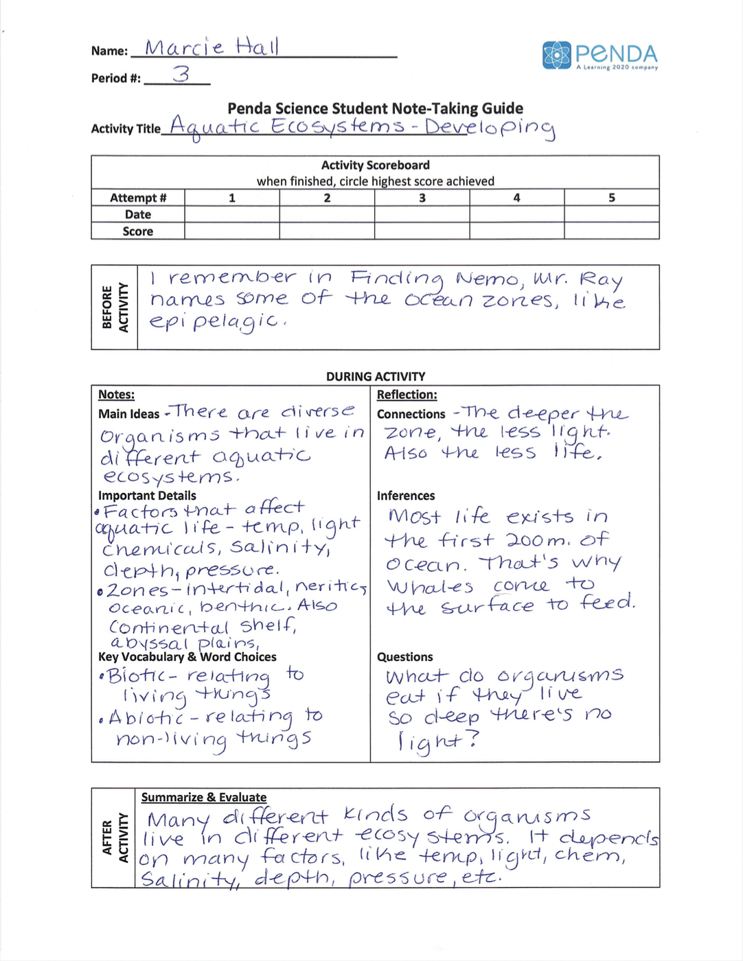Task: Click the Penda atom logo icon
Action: tap(556, 56)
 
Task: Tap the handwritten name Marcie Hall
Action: tap(212, 47)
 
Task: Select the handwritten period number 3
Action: tap(181, 73)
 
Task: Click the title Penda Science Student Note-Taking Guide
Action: tap(375, 108)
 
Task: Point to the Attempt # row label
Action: tap(138, 198)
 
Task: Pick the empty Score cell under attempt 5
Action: tap(611, 231)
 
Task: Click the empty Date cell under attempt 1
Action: tap(232, 214)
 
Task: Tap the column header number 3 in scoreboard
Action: tap(422, 198)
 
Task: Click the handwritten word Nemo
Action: tap(489, 279)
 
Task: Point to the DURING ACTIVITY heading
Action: tap(376, 376)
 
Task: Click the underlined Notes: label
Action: tap(116, 395)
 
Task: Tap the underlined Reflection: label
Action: tap(407, 395)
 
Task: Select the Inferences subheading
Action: tap(406, 496)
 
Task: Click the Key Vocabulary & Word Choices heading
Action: tap(187, 657)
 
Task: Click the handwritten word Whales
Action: tap(430, 587)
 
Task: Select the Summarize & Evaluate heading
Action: tap(204, 797)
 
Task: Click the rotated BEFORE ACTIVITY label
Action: tap(115, 307)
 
